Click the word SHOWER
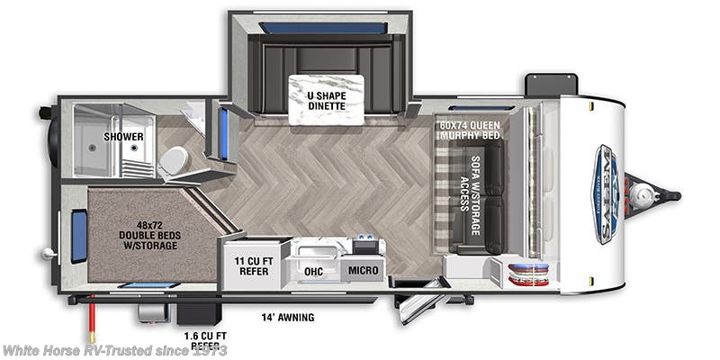[123, 137]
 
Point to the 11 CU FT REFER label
[252, 267]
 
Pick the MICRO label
[364, 270]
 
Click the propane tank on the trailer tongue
[646, 192]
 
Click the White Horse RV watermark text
[113, 349]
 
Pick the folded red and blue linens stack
[527, 273]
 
